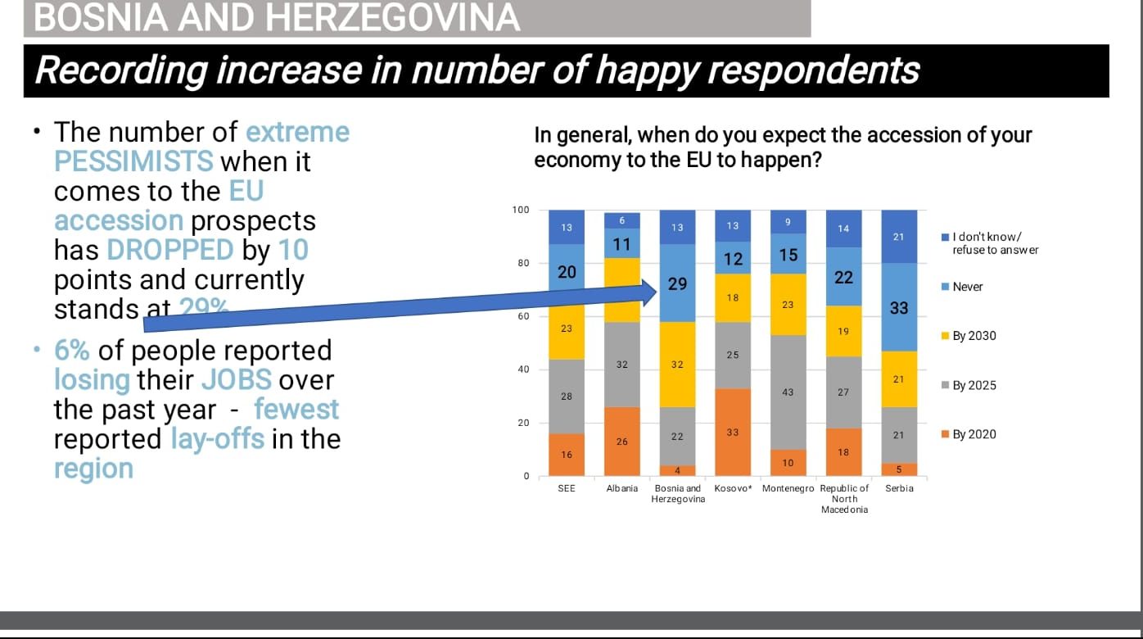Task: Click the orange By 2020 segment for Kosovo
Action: pyautogui.click(x=733, y=432)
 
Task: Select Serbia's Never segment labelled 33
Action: pyautogui.click(x=899, y=307)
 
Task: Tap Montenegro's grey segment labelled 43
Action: pyautogui.click(x=788, y=392)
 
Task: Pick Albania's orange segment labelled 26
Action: pyautogui.click(x=621, y=442)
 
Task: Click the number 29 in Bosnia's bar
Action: pyautogui.click(x=677, y=284)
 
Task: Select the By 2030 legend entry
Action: pyautogui.click(x=974, y=336)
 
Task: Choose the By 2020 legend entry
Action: pyautogui.click(x=974, y=434)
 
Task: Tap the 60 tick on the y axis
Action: pyautogui.click(x=521, y=316)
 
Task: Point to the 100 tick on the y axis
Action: pyautogui.click(x=520, y=210)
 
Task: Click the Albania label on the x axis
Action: pyautogui.click(x=621, y=488)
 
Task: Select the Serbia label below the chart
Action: pyautogui.click(x=899, y=488)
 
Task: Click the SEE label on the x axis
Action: pyautogui.click(x=566, y=488)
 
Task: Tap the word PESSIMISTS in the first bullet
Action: pyautogui.click(x=133, y=161)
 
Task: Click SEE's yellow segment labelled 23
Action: pyautogui.click(x=567, y=328)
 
